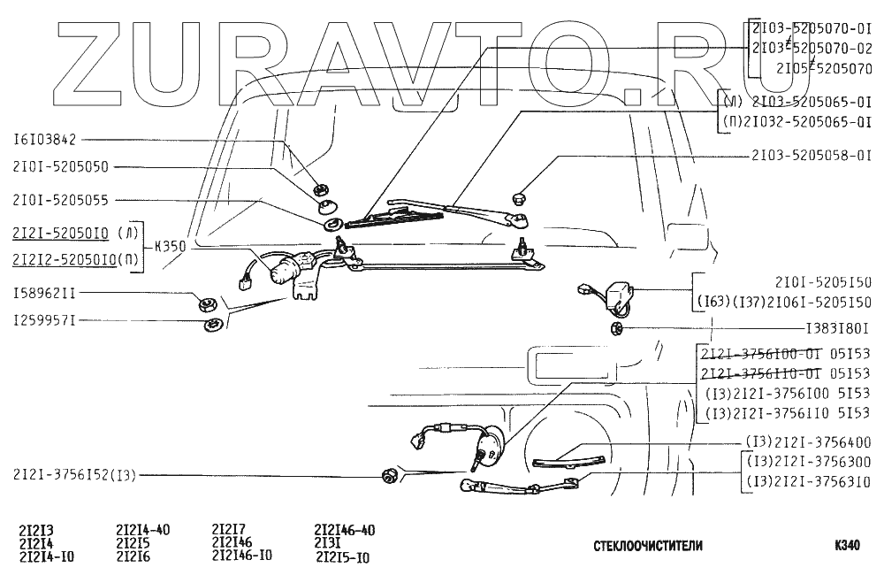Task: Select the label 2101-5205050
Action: click(61, 167)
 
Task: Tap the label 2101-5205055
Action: click(61, 201)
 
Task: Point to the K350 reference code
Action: click(170, 248)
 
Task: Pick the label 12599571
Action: click(44, 319)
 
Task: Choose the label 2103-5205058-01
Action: click(812, 154)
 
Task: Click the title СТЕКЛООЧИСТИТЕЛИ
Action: click(648, 547)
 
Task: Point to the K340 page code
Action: click(847, 546)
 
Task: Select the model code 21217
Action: click(228, 530)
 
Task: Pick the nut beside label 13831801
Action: click(616, 329)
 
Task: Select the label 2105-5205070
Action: click(823, 66)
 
